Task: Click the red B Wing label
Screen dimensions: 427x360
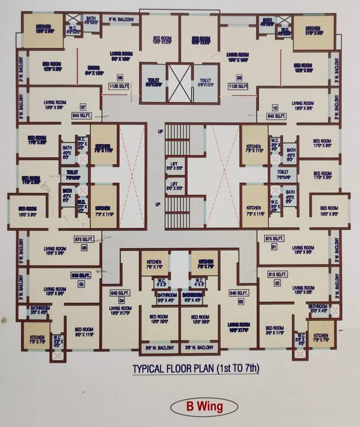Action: point(201,406)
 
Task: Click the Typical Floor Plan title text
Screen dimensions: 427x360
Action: point(196,368)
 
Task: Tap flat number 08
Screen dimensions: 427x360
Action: point(120,77)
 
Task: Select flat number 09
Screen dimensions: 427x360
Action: point(239,77)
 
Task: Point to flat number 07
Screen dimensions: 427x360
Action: point(83,107)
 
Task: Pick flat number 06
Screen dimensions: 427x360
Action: point(85,247)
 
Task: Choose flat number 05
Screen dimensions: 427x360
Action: point(81,284)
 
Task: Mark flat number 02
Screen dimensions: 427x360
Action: point(277,284)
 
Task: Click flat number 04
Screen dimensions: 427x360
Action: point(121,301)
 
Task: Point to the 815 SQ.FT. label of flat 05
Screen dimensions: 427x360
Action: point(81,275)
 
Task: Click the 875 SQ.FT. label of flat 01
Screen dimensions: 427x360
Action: point(274,239)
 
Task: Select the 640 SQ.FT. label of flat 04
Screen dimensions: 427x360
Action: point(120,292)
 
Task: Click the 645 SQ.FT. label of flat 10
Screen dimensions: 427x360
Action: point(275,116)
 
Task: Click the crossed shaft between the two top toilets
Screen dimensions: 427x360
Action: point(179,83)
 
